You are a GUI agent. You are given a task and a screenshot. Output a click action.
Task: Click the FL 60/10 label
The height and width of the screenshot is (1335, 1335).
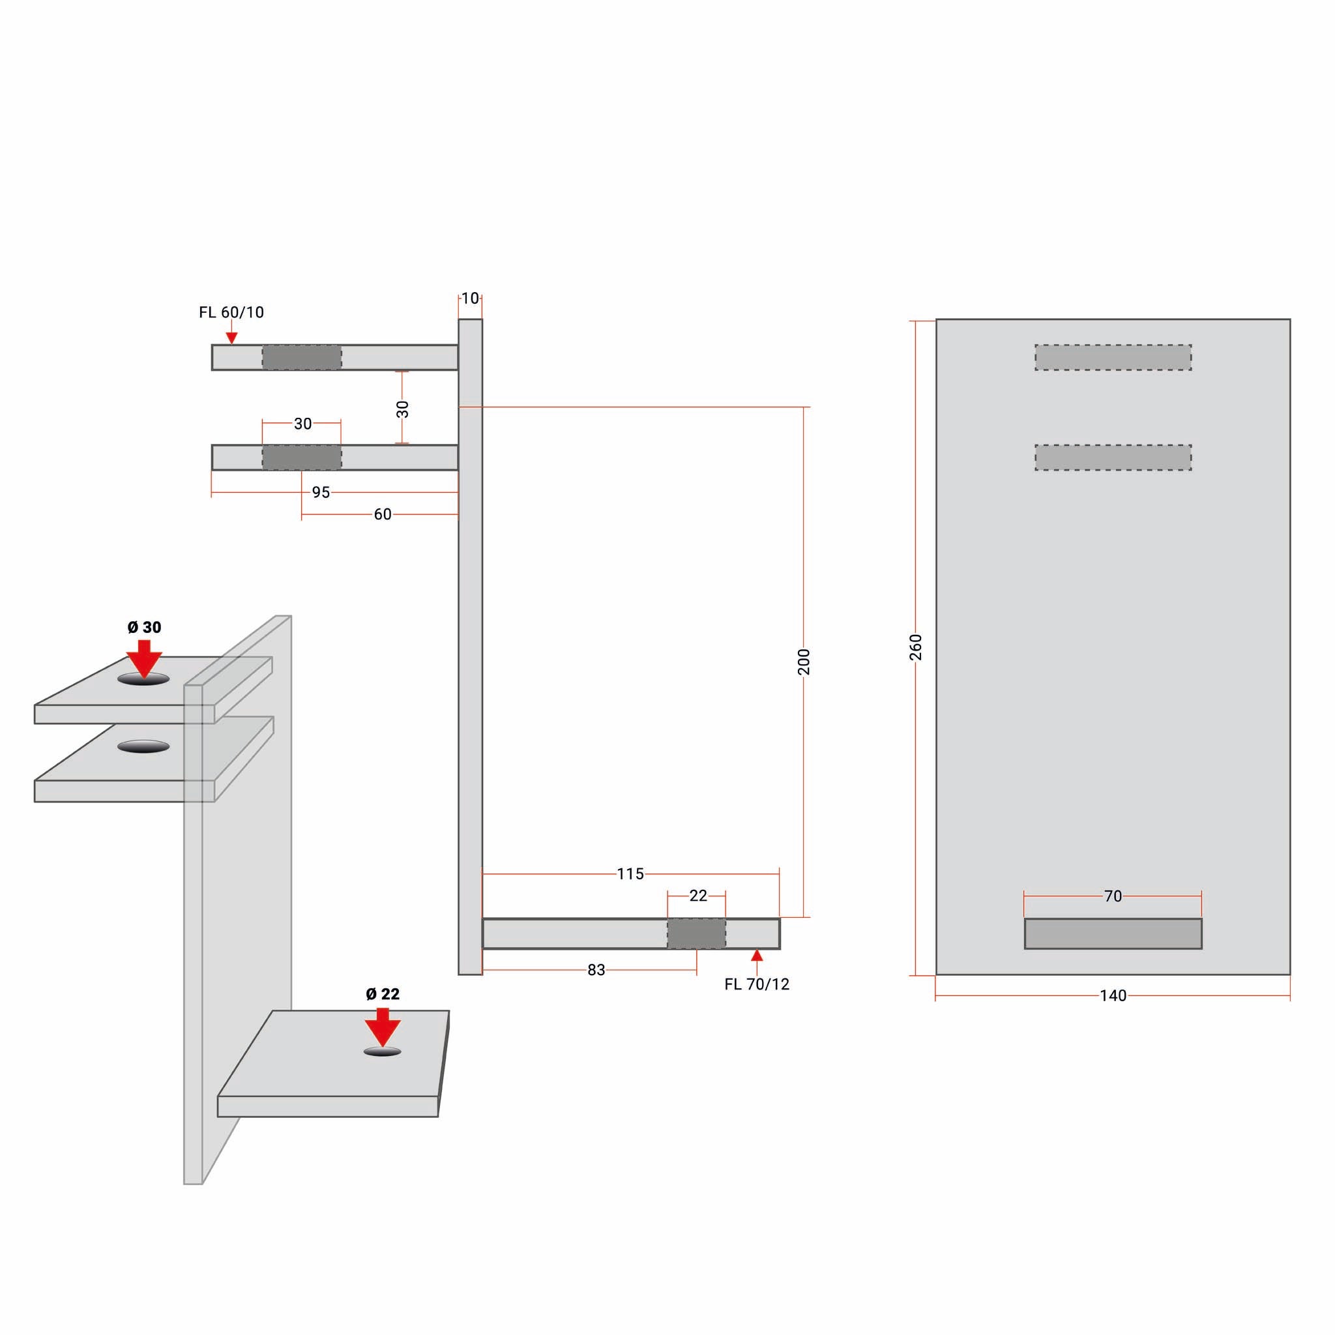[231, 312]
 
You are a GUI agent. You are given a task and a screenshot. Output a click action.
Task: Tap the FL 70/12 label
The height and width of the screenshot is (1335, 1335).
[757, 984]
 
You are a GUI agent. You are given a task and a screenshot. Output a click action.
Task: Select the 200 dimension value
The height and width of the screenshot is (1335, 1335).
[804, 662]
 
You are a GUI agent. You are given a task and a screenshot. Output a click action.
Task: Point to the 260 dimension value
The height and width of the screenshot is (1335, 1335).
[916, 647]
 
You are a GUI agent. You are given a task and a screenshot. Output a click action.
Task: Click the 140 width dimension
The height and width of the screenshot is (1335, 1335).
[1113, 996]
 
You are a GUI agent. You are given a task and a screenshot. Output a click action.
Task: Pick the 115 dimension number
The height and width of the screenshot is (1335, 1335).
[630, 874]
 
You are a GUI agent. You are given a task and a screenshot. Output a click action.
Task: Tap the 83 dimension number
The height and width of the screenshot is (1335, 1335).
[596, 970]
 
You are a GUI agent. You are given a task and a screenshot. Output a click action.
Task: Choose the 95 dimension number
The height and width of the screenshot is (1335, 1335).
[321, 493]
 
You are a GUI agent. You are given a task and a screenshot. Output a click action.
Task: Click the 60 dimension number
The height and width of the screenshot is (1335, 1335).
[382, 514]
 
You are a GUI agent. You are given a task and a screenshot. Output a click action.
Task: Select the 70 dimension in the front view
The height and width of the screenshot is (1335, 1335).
[1113, 896]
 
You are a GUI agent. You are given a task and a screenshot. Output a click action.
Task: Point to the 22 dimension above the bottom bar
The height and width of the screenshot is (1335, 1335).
[698, 896]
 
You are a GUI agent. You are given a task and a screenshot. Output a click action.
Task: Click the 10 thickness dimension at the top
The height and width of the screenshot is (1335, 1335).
[470, 299]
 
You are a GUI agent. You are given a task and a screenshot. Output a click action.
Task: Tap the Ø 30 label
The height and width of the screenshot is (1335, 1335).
[145, 628]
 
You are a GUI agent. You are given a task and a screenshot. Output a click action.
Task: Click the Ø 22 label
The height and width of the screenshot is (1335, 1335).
[383, 993]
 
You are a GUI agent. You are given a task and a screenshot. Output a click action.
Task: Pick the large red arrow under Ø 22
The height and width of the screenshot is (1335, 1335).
[383, 1027]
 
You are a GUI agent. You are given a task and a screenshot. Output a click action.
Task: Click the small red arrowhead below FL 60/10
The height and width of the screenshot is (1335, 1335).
[232, 338]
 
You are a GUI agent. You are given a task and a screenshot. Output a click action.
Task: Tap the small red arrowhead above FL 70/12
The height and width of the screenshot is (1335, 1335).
[757, 956]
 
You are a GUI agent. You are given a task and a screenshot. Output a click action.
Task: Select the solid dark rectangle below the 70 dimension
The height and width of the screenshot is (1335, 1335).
[1113, 933]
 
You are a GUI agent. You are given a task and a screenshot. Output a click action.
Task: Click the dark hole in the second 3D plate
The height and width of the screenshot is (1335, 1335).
[143, 746]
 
